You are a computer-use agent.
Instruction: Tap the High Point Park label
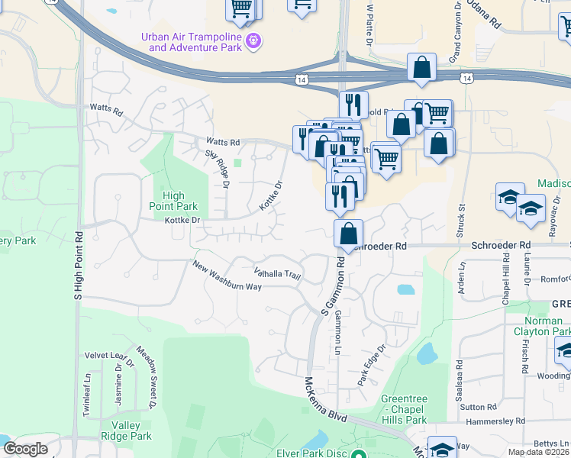(x=175, y=201)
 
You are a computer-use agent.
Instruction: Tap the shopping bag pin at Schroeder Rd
(x=348, y=234)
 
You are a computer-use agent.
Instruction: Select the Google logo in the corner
(x=25, y=449)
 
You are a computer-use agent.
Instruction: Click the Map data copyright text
(x=537, y=452)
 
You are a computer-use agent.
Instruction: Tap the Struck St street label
(x=461, y=217)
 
